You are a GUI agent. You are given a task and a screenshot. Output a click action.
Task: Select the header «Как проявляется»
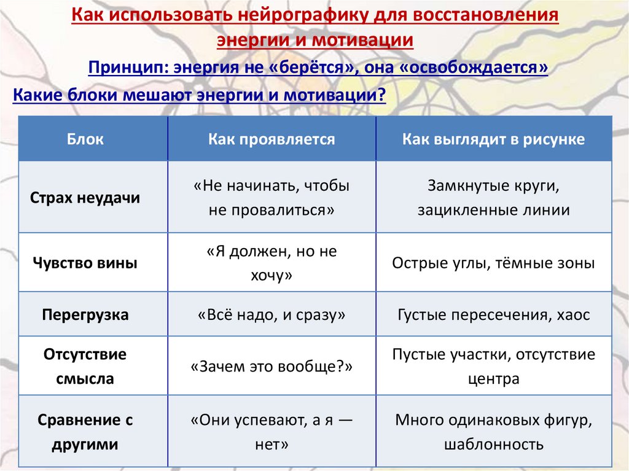pos(272,139)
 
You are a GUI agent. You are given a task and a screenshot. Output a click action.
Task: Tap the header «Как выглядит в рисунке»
pos(493,139)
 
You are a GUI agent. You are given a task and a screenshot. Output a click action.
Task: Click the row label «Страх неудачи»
pos(85,198)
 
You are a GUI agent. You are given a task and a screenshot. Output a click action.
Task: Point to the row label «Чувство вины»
pos(85,263)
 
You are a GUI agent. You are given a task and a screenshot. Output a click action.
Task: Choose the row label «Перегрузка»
pos(85,315)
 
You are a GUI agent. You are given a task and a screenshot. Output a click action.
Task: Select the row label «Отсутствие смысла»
pos(85,367)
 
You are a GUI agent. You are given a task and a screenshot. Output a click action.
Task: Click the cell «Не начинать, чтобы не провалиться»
pos(272,197)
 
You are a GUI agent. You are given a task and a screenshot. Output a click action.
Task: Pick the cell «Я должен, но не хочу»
pos(272,263)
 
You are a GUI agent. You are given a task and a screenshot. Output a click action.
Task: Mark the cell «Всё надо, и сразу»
pos(272,315)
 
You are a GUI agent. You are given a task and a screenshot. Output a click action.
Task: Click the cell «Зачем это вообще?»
pos(272,367)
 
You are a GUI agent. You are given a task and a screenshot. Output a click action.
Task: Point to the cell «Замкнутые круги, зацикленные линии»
pos(493,197)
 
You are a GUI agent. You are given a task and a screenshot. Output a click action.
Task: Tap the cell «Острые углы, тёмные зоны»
pos(493,263)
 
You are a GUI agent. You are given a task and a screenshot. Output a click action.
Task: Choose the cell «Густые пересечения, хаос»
pos(493,315)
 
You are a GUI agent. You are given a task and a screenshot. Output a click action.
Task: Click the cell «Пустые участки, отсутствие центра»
pos(493,367)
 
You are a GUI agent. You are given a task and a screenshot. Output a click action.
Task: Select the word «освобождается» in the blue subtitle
pos(473,67)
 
